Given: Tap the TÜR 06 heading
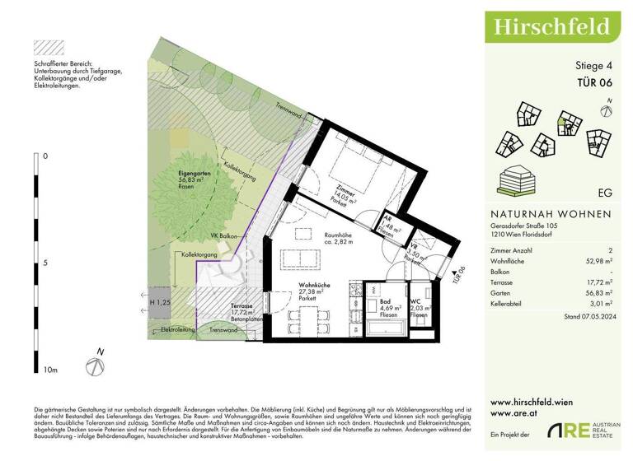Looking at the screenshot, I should pyautogui.click(x=595, y=81).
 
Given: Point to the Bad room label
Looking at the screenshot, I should pyautogui.click(x=384, y=301).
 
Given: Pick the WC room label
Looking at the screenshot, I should pyautogui.click(x=418, y=301).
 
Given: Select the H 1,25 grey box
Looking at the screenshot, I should pyautogui.click(x=160, y=303).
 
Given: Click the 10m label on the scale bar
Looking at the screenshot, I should pyautogui.click(x=49, y=370).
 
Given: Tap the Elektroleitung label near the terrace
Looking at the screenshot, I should pyautogui.click(x=177, y=329).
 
